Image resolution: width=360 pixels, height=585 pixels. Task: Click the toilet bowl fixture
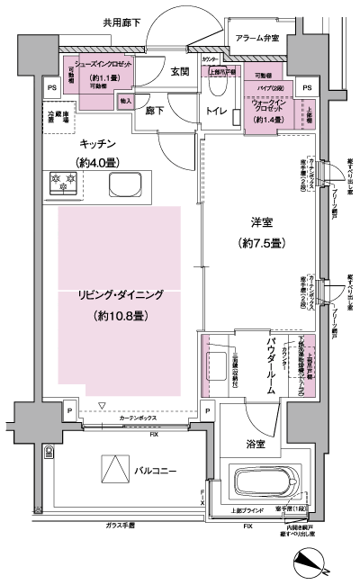tap(216, 87)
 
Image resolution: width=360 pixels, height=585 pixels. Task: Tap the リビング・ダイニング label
tap(118, 294)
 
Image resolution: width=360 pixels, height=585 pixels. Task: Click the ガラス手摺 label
tap(119, 524)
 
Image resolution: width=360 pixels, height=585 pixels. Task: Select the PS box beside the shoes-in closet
tap(50, 87)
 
